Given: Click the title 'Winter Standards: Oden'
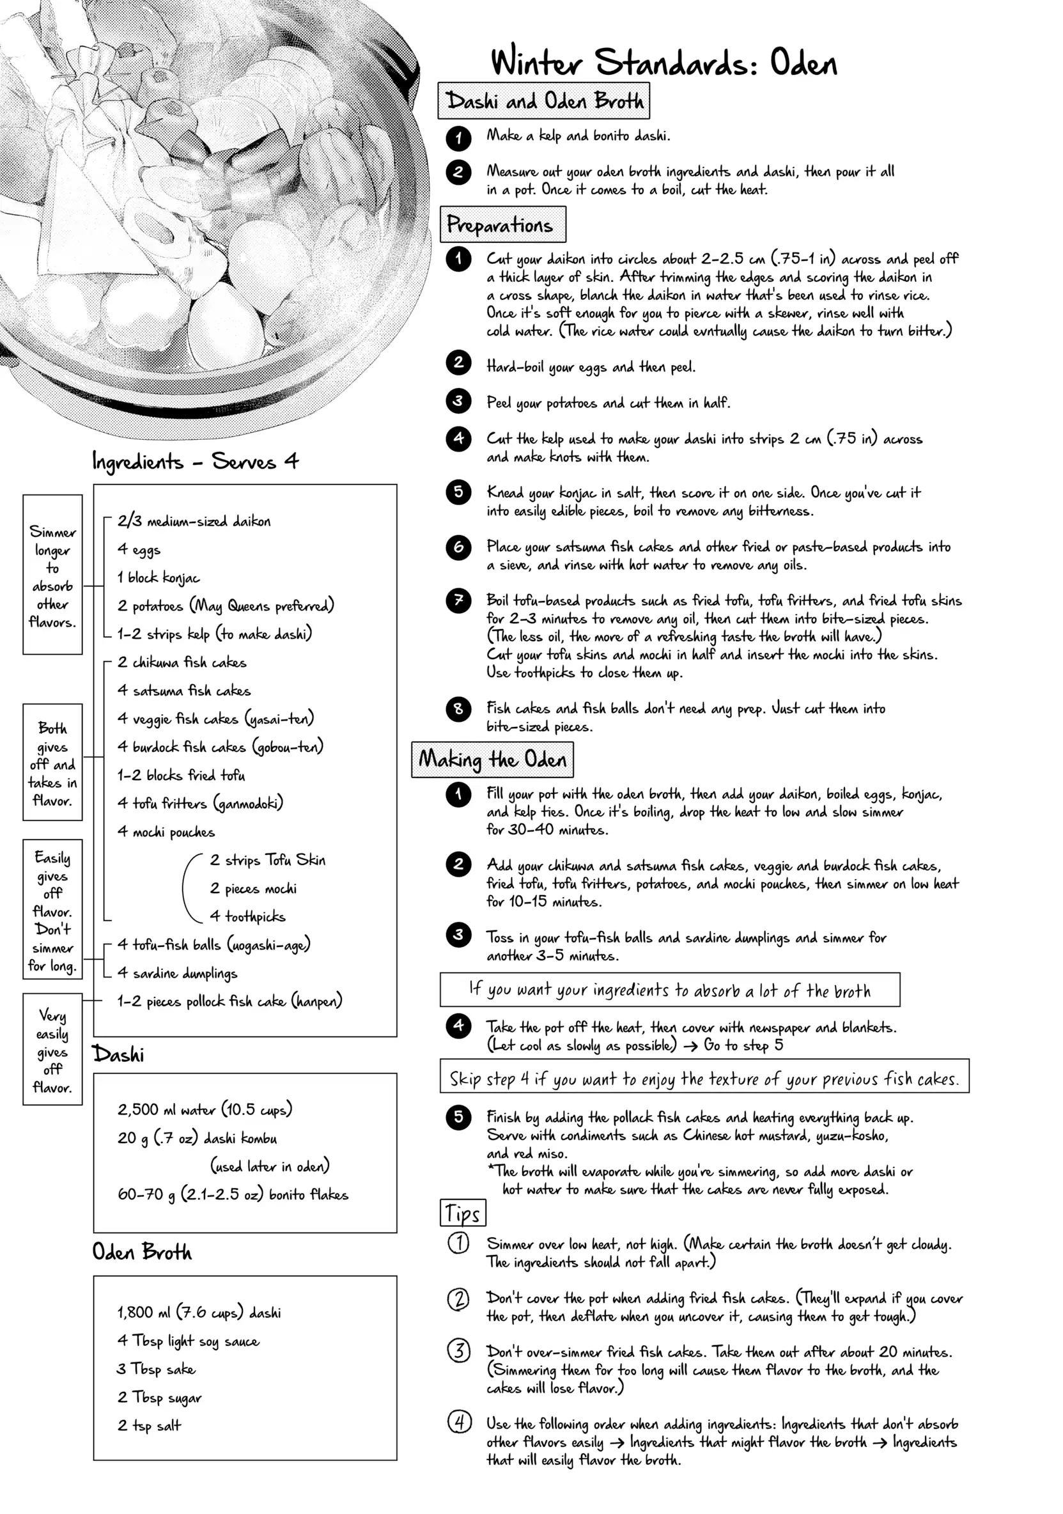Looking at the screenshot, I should (x=663, y=63).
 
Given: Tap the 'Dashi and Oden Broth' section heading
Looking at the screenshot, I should (x=543, y=101).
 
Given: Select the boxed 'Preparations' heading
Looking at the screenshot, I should (x=502, y=225).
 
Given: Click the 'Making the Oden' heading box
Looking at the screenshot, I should (x=493, y=760).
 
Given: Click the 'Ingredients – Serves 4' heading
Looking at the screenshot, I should (x=195, y=461).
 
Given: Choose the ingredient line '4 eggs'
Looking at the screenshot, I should (x=139, y=549).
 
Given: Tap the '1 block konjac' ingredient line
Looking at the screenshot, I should (x=159, y=577).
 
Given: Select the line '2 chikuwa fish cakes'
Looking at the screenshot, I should (x=182, y=662).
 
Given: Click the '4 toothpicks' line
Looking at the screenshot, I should (x=247, y=916).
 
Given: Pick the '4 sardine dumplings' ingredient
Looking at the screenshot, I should (x=178, y=972).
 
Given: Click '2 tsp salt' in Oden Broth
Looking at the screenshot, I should (x=149, y=1425).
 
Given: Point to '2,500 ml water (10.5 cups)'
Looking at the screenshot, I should (x=205, y=1109).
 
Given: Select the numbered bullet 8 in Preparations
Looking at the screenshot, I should (x=458, y=709).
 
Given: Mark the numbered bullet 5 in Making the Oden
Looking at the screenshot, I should (x=458, y=1117).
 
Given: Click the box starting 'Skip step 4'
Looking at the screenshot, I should (x=704, y=1079).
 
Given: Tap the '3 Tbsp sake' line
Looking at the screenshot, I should (x=156, y=1368).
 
